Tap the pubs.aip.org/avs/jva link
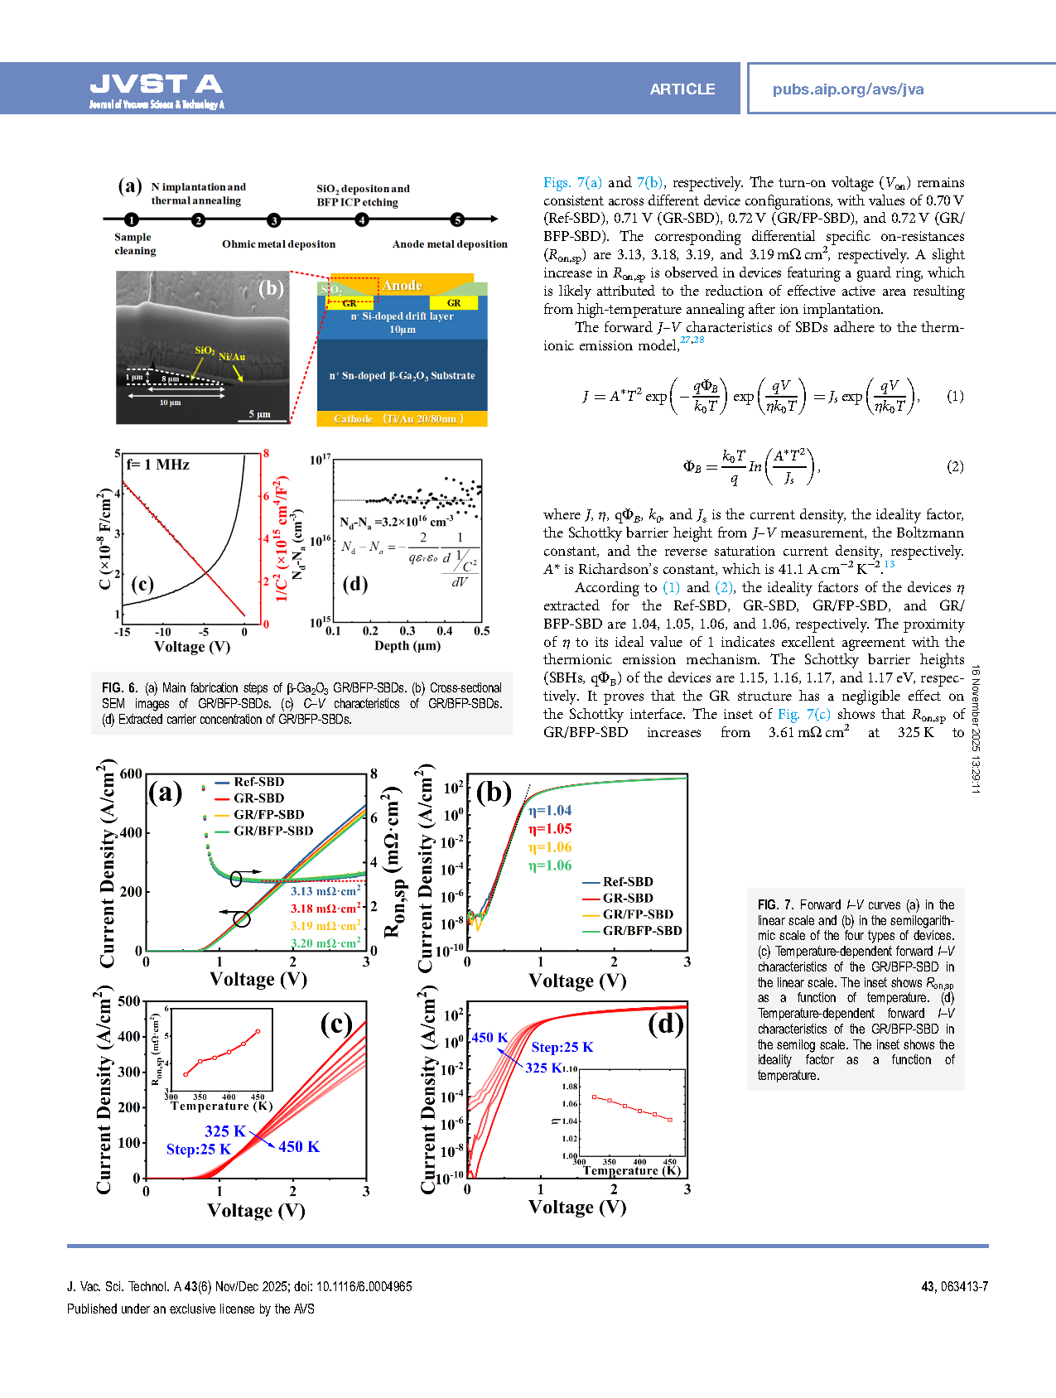(x=847, y=89)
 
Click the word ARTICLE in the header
(x=682, y=89)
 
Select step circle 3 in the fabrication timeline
(x=273, y=220)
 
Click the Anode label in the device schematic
(x=403, y=286)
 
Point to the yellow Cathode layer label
(x=398, y=419)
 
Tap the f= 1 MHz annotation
(x=158, y=465)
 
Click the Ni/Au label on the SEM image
(x=232, y=357)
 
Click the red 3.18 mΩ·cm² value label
(x=325, y=909)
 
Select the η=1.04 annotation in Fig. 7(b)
(x=550, y=810)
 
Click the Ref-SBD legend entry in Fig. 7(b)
(x=627, y=882)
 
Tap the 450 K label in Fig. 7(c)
(x=298, y=1146)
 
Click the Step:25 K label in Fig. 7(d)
(x=562, y=1047)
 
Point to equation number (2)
(x=955, y=466)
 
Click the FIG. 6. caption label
(x=119, y=688)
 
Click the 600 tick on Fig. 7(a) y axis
(x=131, y=774)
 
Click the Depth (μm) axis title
(x=405, y=645)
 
